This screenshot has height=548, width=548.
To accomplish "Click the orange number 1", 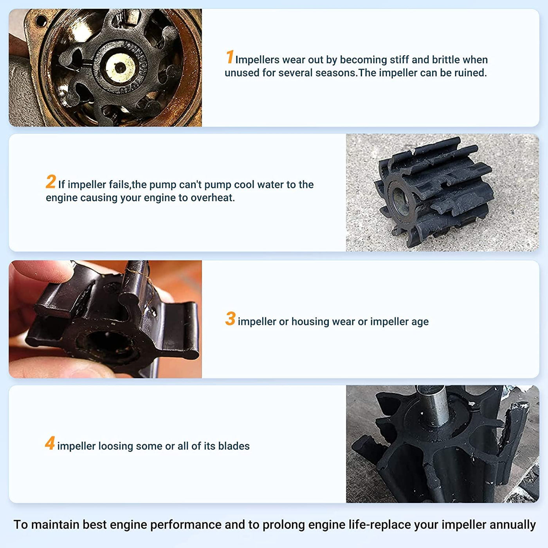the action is [229, 57].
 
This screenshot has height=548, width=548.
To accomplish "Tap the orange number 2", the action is [50, 182].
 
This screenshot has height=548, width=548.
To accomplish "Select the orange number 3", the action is [230, 319].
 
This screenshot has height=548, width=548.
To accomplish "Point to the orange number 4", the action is [50, 443].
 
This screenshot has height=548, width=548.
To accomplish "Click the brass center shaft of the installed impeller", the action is [120, 67].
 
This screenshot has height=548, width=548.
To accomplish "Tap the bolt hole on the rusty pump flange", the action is [41, 21].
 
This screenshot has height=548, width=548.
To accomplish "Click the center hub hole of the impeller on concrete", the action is [399, 197].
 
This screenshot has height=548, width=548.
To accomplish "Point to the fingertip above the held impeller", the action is [40, 272].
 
